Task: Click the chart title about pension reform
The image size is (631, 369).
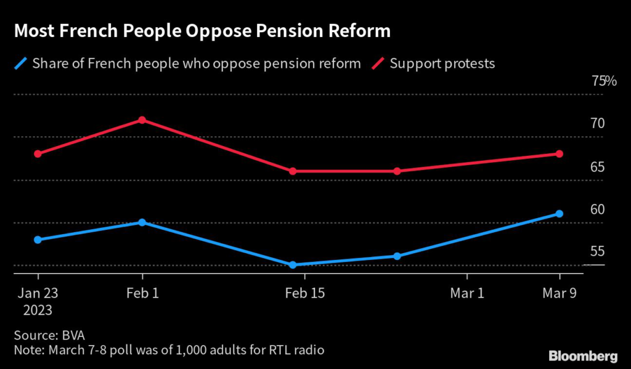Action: pos(202,31)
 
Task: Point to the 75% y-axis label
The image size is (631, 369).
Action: pos(603,81)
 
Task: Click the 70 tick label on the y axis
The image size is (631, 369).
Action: pos(597,124)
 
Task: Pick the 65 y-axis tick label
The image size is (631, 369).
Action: pos(597,167)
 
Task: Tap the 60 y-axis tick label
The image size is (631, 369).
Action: pos(597,209)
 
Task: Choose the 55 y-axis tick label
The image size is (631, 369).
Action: pos(597,252)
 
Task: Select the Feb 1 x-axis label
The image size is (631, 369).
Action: pos(142,293)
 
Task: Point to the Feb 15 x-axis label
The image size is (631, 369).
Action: pos(304,293)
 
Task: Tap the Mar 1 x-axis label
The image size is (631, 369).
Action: pos(467,293)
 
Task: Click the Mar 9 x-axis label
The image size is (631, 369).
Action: pos(560,293)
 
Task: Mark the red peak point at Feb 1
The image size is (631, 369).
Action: pos(142,120)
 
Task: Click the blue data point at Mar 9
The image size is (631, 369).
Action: pos(560,214)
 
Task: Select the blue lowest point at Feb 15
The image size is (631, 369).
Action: pos(293,265)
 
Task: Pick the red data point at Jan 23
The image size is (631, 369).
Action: pos(38,154)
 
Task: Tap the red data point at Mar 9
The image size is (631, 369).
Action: pos(560,154)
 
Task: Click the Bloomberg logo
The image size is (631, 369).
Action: pos(583,355)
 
